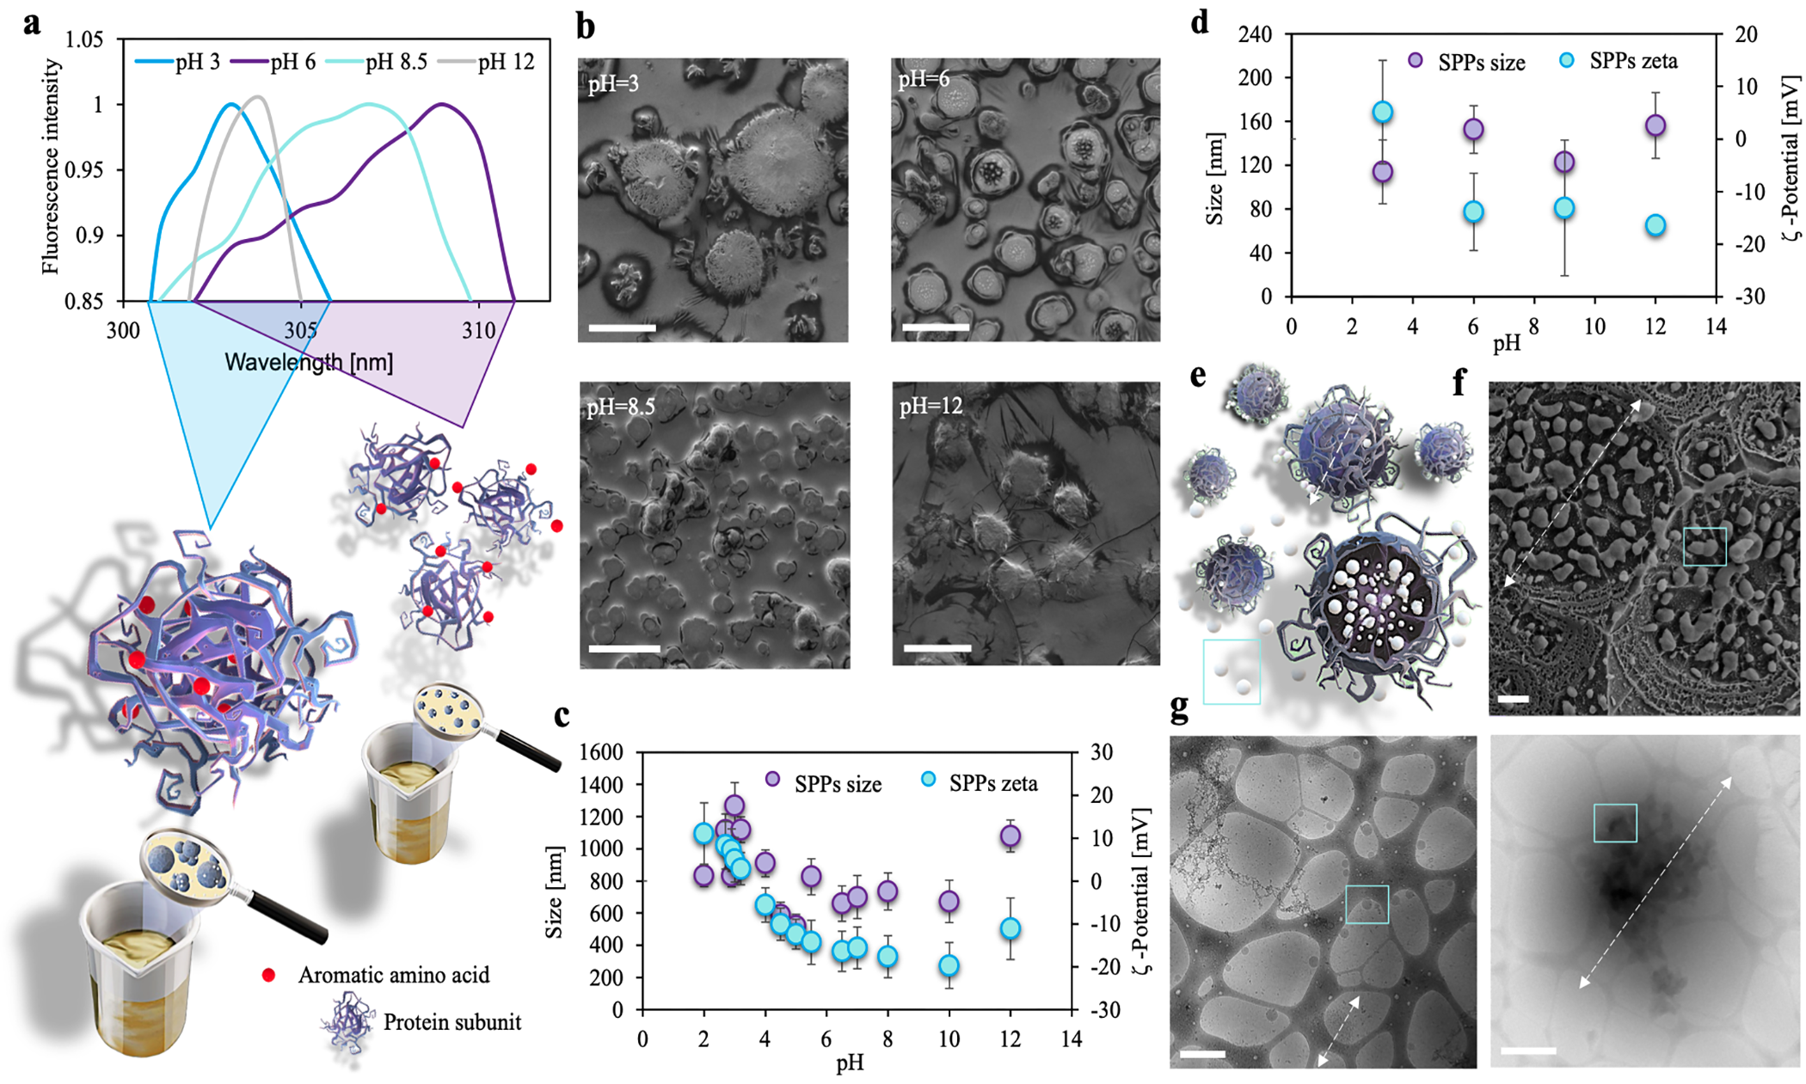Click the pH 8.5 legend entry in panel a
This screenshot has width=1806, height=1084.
(x=378, y=62)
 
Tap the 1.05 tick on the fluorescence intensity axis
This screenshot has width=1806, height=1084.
(x=84, y=40)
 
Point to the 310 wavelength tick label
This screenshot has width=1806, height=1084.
(x=479, y=330)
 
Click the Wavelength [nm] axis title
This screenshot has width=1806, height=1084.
(x=309, y=362)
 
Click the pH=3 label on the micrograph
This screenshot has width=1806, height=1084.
(x=614, y=84)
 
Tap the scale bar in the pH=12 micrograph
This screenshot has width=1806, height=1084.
(x=937, y=648)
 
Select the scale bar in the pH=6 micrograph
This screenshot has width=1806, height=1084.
(x=936, y=327)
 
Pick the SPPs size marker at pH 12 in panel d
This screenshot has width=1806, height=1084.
(x=1655, y=126)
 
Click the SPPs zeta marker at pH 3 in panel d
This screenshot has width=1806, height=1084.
(x=1383, y=112)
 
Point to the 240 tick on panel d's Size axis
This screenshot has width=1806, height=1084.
(x=1255, y=34)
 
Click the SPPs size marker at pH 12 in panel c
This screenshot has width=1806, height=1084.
(x=1010, y=836)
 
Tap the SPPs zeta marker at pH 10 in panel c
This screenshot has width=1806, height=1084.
(x=949, y=965)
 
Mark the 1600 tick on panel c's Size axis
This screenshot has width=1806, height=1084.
(x=600, y=752)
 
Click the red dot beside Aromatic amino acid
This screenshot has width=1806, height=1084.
(x=269, y=975)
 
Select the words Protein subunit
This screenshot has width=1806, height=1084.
(x=452, y=1022)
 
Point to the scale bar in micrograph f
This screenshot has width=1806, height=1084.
(x=1513, y=699)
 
